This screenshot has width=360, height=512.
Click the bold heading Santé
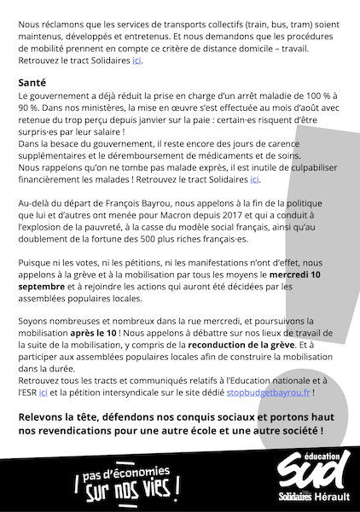[x=33, y=82]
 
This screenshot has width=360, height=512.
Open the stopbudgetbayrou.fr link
[x=268, y=393]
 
